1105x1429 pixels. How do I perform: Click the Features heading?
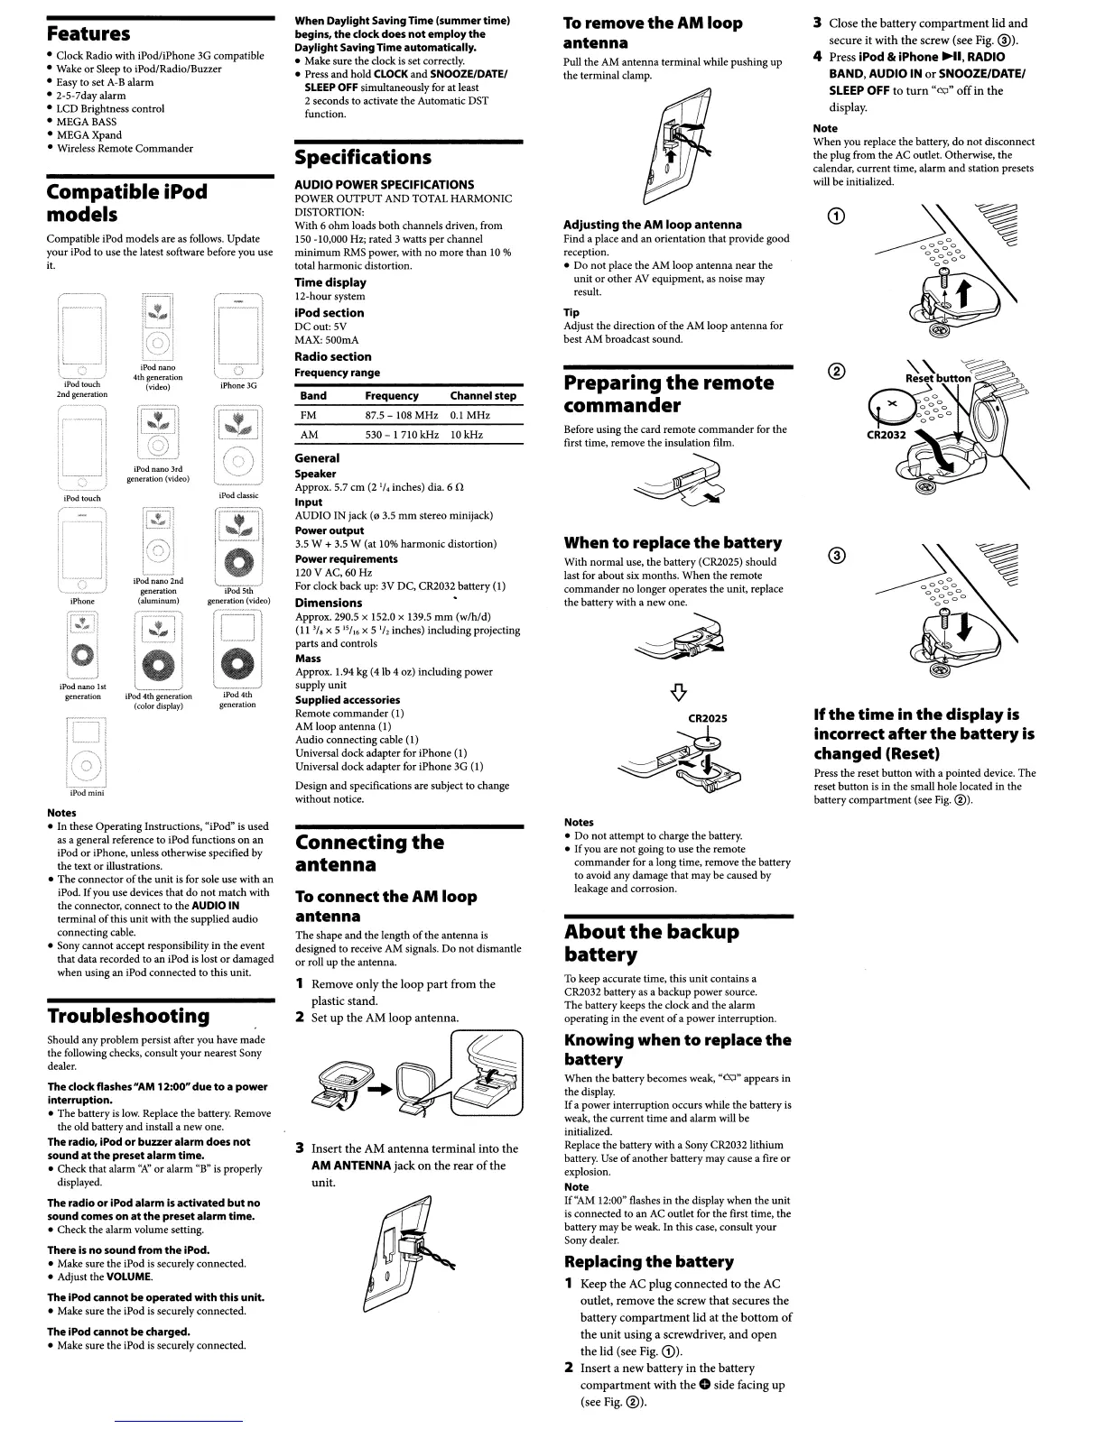88,34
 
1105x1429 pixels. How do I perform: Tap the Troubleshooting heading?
128,1016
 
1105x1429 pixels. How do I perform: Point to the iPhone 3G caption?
238,385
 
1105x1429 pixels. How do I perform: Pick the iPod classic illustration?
238,446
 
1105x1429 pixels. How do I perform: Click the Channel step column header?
483,396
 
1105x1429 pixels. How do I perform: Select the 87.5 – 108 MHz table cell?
401,415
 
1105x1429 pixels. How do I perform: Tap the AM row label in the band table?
309,435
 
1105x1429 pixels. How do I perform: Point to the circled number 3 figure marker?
838,556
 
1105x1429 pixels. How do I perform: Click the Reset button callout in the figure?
938,378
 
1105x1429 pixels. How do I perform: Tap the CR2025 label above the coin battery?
707,718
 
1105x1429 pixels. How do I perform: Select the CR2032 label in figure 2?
886,435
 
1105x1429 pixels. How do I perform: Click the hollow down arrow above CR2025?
678,692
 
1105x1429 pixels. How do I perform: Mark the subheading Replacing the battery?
648,1261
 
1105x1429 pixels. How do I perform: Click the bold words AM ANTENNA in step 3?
350,1166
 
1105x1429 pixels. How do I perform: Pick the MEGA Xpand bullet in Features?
88,135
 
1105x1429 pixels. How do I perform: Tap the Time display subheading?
330,282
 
